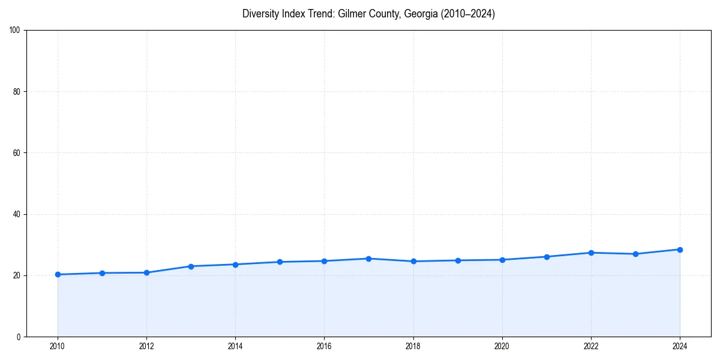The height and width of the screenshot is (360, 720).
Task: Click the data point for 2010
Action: click(x=58, y=274)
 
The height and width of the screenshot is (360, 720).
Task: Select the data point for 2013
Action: click(x=191, y=266)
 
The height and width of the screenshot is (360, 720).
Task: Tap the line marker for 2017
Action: click(x=368, y=259)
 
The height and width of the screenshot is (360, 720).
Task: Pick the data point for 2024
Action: click(x=680, y=250)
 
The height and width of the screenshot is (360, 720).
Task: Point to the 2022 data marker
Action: click(x=591, y=253)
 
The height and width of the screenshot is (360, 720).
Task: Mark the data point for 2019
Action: click(x=458, y=260)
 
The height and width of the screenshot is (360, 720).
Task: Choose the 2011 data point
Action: click(x=102, y=273)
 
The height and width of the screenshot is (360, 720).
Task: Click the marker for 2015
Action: click(x=280, y=262)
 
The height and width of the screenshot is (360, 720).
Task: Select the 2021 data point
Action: click(x=547, y=257)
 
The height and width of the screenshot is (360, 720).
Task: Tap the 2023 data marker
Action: click(x=635, y=254)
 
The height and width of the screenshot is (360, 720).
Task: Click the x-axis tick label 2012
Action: click(x=146, y=346)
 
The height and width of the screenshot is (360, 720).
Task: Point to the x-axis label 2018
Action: click(x=413, y=346)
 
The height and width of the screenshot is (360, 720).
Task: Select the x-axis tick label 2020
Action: click(x=502, y=346)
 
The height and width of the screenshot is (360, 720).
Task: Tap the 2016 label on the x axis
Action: click(x=324, y=346)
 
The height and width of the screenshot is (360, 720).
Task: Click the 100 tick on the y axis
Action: click(x=15, y=30)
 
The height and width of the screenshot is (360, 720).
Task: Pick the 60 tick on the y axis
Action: click(x=17, y=153)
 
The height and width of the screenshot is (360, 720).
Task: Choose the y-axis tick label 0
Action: click(x=19, y=337)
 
